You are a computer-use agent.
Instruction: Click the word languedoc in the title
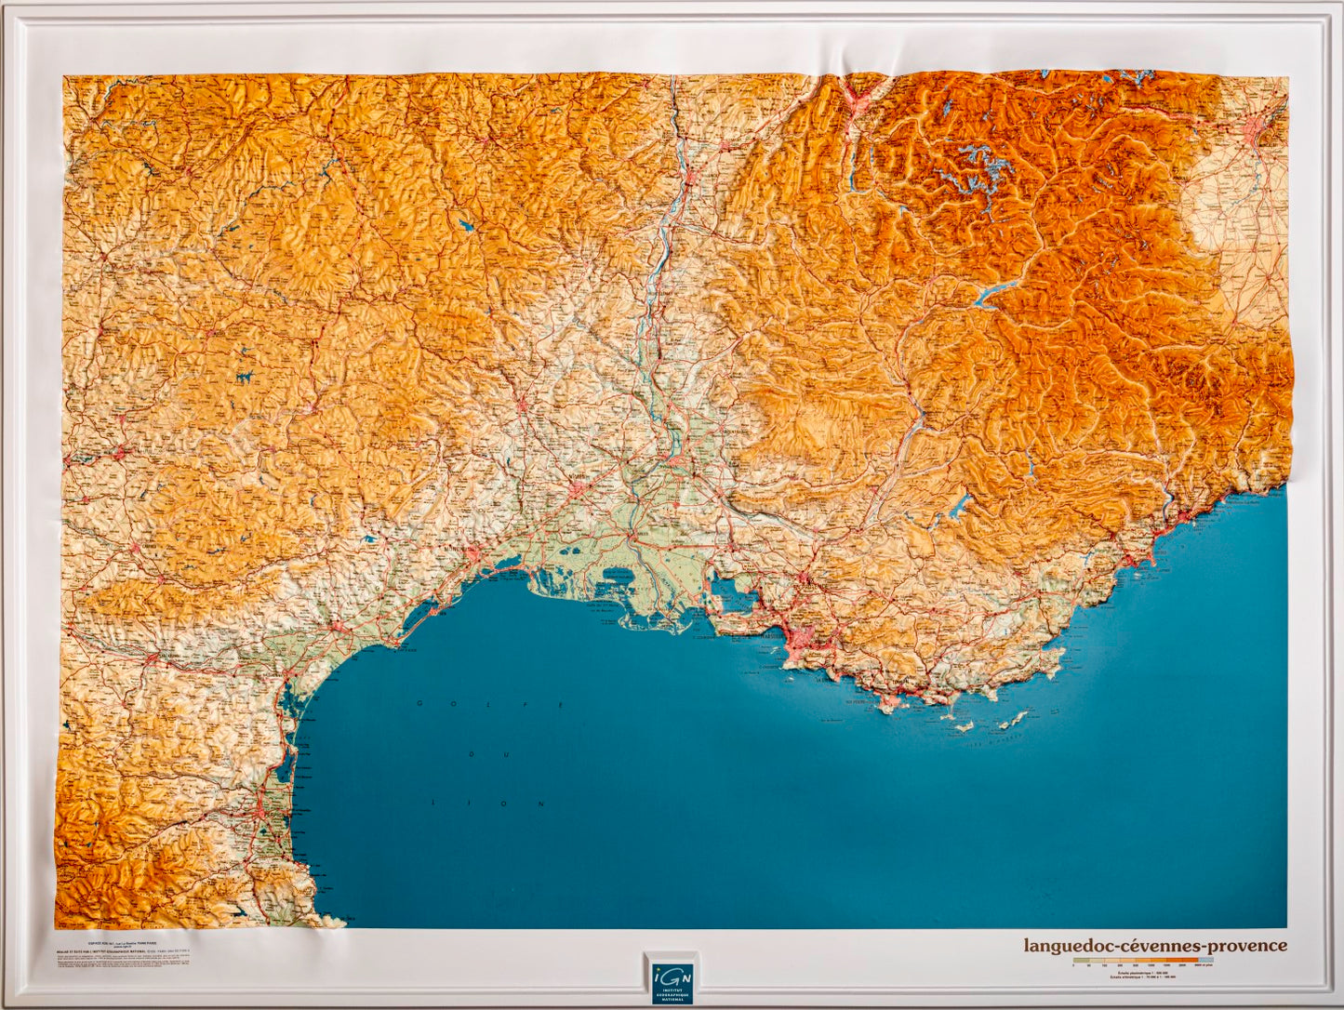coord(1069,946)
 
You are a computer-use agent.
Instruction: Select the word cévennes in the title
coord(1159,946)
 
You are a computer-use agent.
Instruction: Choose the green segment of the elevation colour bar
coord(1079,960)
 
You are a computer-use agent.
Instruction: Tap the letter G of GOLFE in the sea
coord(419,702)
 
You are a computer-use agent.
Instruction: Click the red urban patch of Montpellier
coord(473,555)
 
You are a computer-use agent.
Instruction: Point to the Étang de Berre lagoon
coord(731,595)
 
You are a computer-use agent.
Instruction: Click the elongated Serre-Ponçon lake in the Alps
coord(995,293)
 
